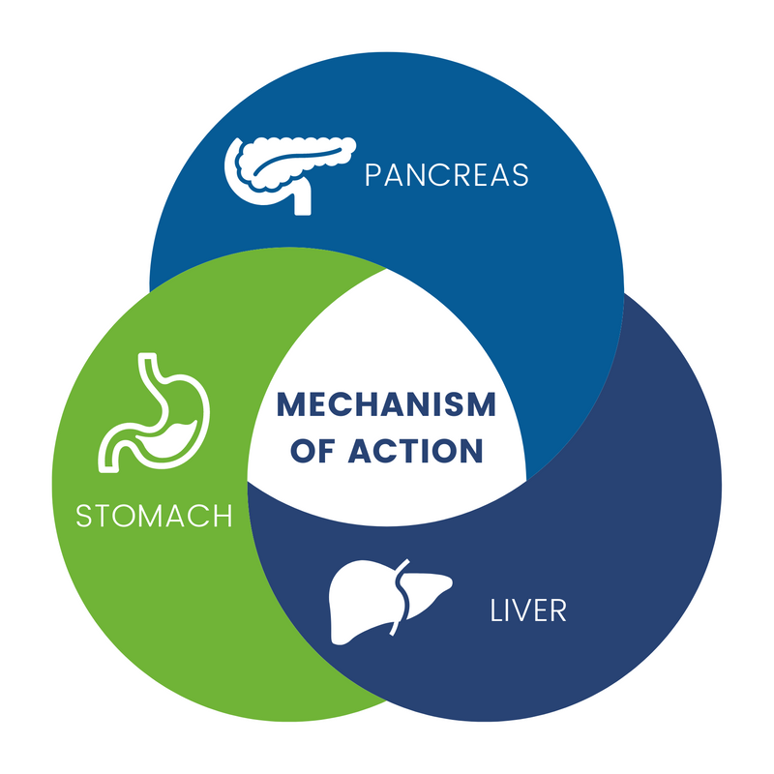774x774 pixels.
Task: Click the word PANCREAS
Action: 447,175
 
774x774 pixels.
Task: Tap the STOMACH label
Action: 154,516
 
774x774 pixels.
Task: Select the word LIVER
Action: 528,610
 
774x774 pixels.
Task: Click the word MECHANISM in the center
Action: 386,404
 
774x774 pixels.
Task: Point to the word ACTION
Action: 415,451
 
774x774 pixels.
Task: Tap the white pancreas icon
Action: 289,175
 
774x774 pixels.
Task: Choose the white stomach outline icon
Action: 154,413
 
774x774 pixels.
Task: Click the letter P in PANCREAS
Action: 372,175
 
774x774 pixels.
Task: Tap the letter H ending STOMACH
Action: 223,516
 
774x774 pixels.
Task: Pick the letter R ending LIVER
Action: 558,610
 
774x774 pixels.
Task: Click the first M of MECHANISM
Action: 291,404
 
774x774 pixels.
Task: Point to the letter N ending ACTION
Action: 471,451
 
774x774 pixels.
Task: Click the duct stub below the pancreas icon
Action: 303,199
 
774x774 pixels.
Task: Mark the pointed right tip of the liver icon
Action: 450,582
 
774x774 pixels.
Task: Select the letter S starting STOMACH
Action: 83,516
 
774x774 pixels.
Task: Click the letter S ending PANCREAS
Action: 521,175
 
